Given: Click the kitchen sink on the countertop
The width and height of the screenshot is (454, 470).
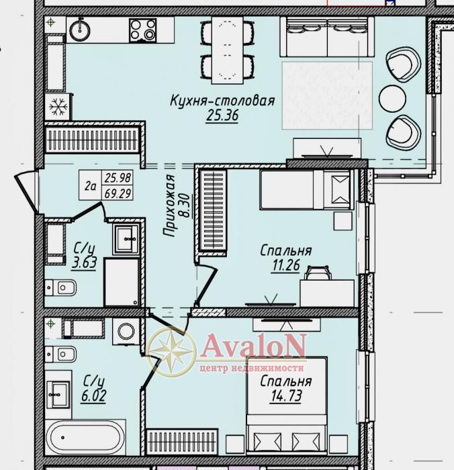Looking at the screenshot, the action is (x=80, y=30).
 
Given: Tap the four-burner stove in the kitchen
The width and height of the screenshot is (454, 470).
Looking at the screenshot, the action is (x=143, y=30).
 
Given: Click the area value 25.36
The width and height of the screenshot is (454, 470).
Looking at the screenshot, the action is (x=222, y=115).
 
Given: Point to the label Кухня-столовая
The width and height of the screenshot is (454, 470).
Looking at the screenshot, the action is (x=222, y=101).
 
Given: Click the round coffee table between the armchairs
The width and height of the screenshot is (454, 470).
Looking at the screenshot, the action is (x=392, y=99).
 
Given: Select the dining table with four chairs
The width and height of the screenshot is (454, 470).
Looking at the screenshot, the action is (x=227, y=50).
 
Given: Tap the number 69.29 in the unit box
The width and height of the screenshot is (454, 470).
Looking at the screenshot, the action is (x=118, y=193).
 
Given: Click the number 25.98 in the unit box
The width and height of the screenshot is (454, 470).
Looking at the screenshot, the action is (x=118, y=178).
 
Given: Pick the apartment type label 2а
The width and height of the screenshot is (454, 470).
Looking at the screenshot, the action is (x=90, y=186).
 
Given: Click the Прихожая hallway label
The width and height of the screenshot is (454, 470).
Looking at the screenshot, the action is (x=169, y=205).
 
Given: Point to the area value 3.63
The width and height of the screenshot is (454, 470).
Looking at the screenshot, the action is (x=84, y=263).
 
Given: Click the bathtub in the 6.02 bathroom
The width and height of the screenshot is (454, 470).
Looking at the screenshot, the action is (x=85, y=437).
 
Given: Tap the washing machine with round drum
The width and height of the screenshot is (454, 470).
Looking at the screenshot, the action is (x=126, y=331).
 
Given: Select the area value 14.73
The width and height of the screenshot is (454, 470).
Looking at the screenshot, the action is (x=286, y=396).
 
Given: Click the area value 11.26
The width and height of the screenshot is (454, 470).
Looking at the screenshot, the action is (x=286, y=265).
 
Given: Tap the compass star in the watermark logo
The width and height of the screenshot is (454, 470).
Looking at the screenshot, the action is (x=171, y=352).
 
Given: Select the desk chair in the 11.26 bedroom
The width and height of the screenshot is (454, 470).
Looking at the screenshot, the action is (x=318, y=273).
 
